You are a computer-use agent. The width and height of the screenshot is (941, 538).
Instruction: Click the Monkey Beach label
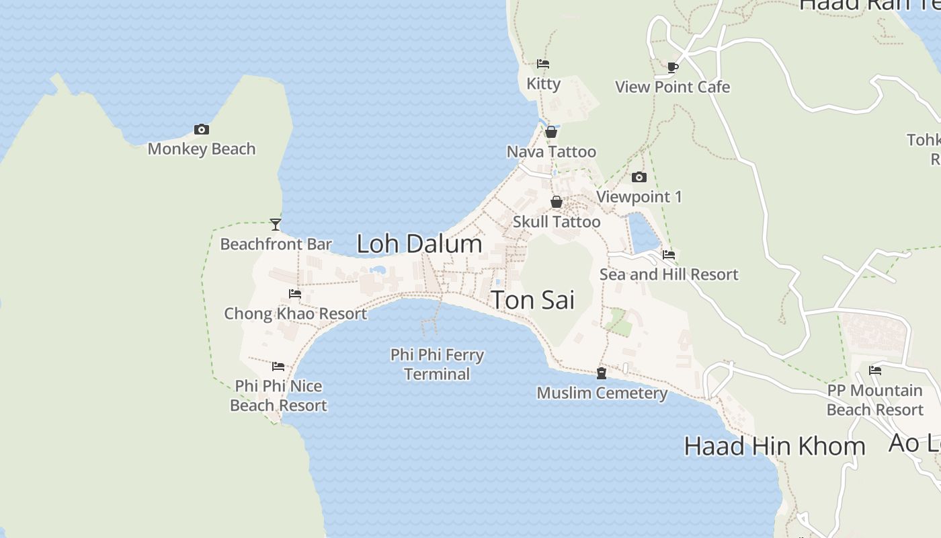click(202, 149)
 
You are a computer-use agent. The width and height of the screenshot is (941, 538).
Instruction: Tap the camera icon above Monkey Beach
click(202, 129)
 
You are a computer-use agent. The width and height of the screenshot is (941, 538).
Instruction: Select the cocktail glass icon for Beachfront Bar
click(276, 224)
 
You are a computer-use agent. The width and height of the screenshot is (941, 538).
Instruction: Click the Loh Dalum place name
click(419, 243)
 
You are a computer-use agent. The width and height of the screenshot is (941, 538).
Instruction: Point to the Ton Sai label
click(533, 300)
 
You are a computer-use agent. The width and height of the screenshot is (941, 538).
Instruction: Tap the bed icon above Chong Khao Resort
click(295, 294)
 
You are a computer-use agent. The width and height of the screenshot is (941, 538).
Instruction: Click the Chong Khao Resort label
click(296, 313)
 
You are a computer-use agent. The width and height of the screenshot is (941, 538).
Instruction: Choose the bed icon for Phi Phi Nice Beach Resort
click(278, 367)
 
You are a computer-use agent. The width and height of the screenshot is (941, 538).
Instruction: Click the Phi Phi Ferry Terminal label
click(438, 364)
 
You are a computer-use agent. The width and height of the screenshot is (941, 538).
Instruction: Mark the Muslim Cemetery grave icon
click(602, 373)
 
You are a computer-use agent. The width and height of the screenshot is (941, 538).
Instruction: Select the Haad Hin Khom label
click(774, 446)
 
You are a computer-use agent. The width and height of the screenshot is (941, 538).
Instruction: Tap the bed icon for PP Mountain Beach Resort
click(875, 371)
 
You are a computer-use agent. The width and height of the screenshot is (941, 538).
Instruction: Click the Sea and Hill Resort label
click(669, 274)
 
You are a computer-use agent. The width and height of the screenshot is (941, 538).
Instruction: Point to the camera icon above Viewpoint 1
click(639, 178)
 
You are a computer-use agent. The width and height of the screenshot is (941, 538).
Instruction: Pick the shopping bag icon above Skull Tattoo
click(557, 202)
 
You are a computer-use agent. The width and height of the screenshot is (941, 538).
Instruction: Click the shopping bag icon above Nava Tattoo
click(551, 132)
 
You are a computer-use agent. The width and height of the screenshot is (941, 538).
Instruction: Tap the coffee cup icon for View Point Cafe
click(673, 67)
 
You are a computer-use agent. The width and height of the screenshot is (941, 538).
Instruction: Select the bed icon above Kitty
click(543, 64)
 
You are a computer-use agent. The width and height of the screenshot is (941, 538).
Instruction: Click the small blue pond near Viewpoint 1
click(643, 233)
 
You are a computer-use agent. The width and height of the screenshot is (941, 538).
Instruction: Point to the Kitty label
click(543, 83)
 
